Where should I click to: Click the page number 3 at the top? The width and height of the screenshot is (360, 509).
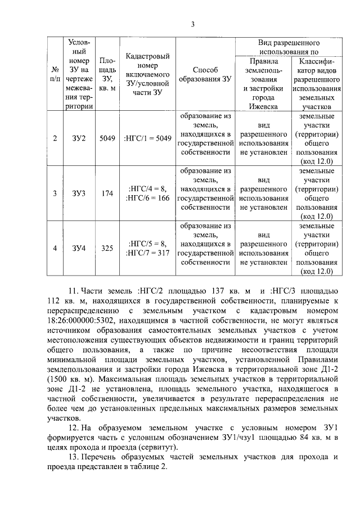pyautogui.click(x=192, y=24)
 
